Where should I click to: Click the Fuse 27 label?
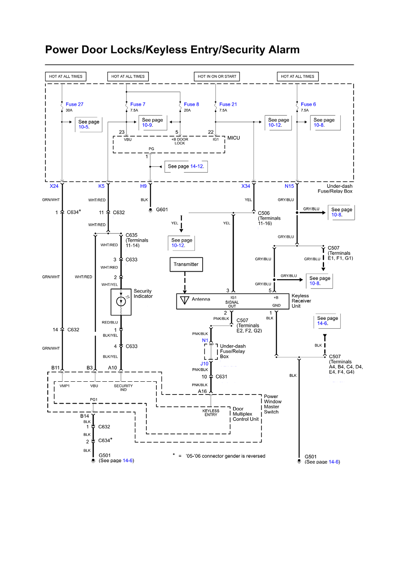tap(74, 104)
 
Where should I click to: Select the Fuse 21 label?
tap(228, 104)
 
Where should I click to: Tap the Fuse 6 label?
tap(308, 104)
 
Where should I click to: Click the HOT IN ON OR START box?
tap(217, 77)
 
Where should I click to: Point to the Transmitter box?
tap(186, 264)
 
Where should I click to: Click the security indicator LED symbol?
tap(121, 302)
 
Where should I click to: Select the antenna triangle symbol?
tap(184, 300)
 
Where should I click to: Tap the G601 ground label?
tap(162, 209)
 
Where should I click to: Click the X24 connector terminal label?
tap(54, 186)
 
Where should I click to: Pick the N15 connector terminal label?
tap(289, 186)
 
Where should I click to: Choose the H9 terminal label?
tap(143, 186)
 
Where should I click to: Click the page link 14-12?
tap(197, 166)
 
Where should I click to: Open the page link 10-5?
tap(84, 127)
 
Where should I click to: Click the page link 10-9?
tap(147, 125)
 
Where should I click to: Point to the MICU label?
tap(233, 138)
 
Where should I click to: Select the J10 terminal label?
tap(204, 364)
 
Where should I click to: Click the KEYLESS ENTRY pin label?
tap(211, 413)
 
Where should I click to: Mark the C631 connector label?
tap(221, 377)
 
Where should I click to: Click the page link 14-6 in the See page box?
tap(322, 323)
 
